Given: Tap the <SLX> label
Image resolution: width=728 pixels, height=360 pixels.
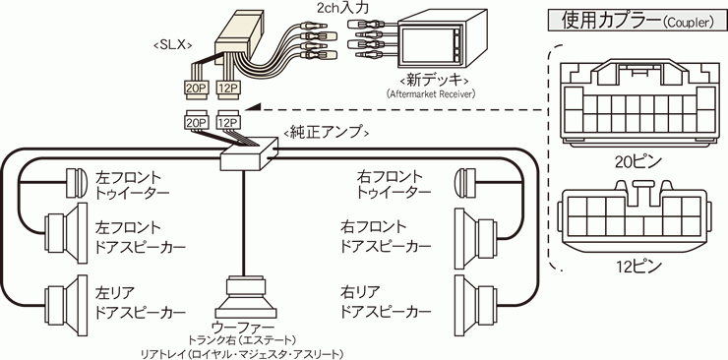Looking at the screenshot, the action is pos(172,44).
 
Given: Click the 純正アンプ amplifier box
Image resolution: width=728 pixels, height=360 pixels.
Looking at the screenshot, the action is pos(249,154).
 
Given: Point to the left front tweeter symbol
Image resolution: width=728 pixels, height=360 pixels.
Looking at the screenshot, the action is pos(76,182).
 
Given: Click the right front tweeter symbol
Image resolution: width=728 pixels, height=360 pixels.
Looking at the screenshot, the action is pos(466,182).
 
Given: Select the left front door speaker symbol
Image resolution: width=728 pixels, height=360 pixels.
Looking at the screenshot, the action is pos(66,231).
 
